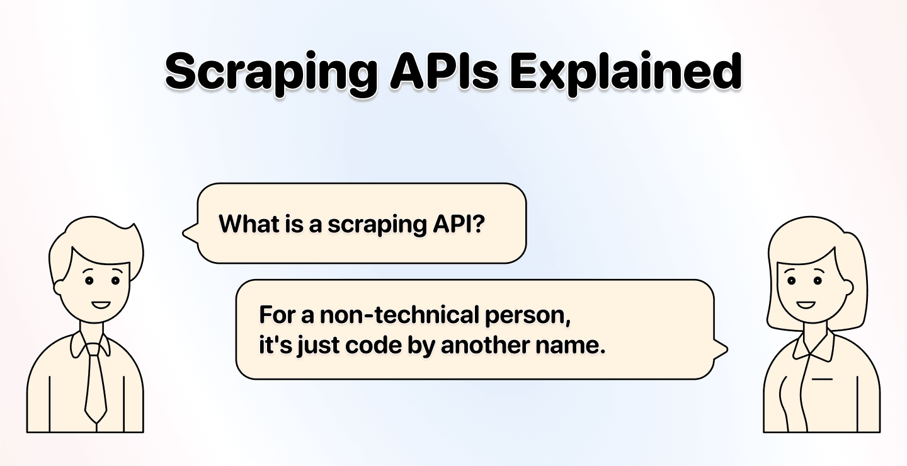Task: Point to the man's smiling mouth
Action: coord(100,305)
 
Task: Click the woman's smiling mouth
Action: coord(805,305)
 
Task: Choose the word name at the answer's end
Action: coord(574,347)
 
